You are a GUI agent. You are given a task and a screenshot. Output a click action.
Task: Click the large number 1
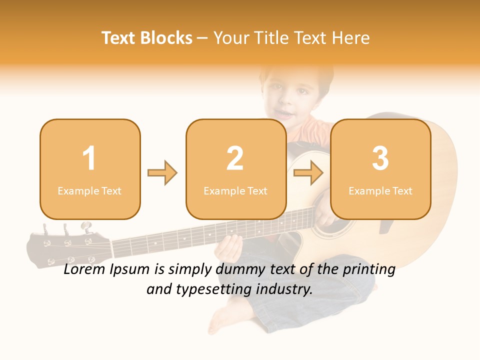pos(89,158)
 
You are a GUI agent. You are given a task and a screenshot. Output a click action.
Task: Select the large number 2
pos(235,158)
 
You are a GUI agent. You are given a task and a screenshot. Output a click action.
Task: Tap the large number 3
pos(380,158)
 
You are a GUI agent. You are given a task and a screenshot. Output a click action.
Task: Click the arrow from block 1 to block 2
pos(162,173)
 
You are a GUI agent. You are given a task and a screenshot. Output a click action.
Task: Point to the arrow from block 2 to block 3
pos(308,173)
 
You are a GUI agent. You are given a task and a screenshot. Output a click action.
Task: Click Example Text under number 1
pos(89,190)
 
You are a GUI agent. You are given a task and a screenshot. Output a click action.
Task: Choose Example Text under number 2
pos(235,190)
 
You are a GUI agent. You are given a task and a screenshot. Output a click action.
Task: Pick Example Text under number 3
pos(380,190)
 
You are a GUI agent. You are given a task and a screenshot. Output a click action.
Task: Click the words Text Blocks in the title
pos(147,38)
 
